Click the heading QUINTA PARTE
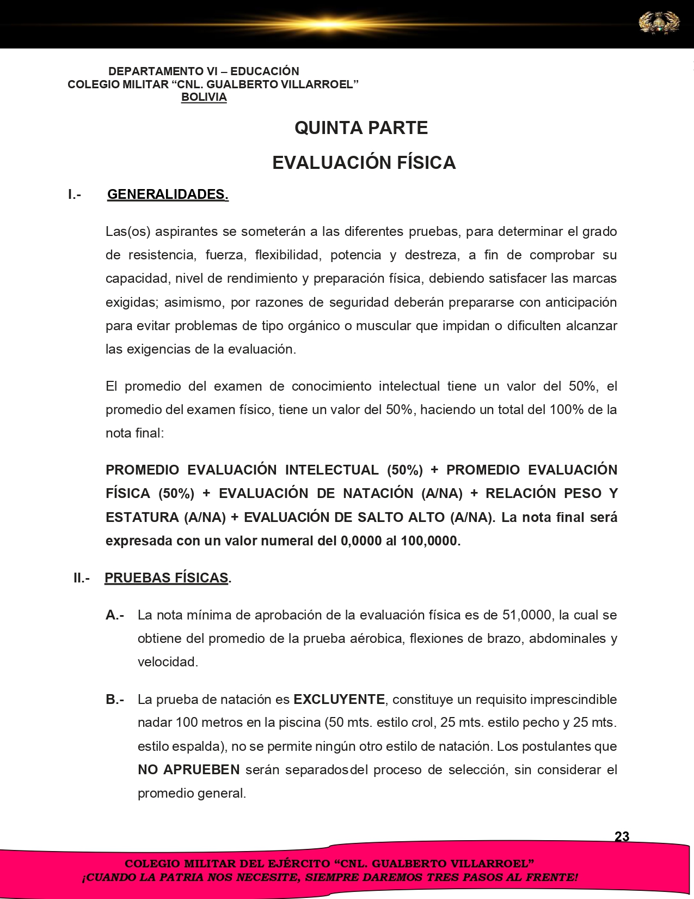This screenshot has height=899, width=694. click(x=361, y=128)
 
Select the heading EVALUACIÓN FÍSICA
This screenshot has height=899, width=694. click(x=364, y=162)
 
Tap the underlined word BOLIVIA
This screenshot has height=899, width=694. click(x=204, y=98)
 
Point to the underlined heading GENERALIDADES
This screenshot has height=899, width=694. click(x=168, y=195)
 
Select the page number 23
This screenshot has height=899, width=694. click(x=622, y=836)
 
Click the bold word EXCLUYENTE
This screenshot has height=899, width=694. click(x=339, y=699)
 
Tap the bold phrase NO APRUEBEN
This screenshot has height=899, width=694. click(x=188, y=770)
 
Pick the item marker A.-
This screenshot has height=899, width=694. click(x=115, y=615)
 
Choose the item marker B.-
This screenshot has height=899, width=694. click(x=115, y=699)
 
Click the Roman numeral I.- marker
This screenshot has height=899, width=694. click(x=75, y=195)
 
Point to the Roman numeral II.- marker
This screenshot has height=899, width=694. click(x=82, y=578)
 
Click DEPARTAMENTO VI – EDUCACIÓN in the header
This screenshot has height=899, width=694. click(x=204, y=71)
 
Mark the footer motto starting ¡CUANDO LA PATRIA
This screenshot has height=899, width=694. click(x=329, y=878)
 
